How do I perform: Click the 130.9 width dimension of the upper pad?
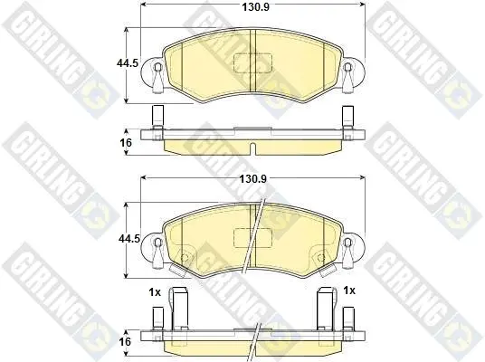255,7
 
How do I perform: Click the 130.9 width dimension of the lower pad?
253,179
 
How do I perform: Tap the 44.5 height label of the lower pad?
129,239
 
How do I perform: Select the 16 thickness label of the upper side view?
125,143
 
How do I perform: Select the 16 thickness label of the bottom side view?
125,342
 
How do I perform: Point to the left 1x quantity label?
155,291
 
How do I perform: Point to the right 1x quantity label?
349,291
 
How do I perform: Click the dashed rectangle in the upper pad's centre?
252,63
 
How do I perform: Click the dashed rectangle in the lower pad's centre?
252,238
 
